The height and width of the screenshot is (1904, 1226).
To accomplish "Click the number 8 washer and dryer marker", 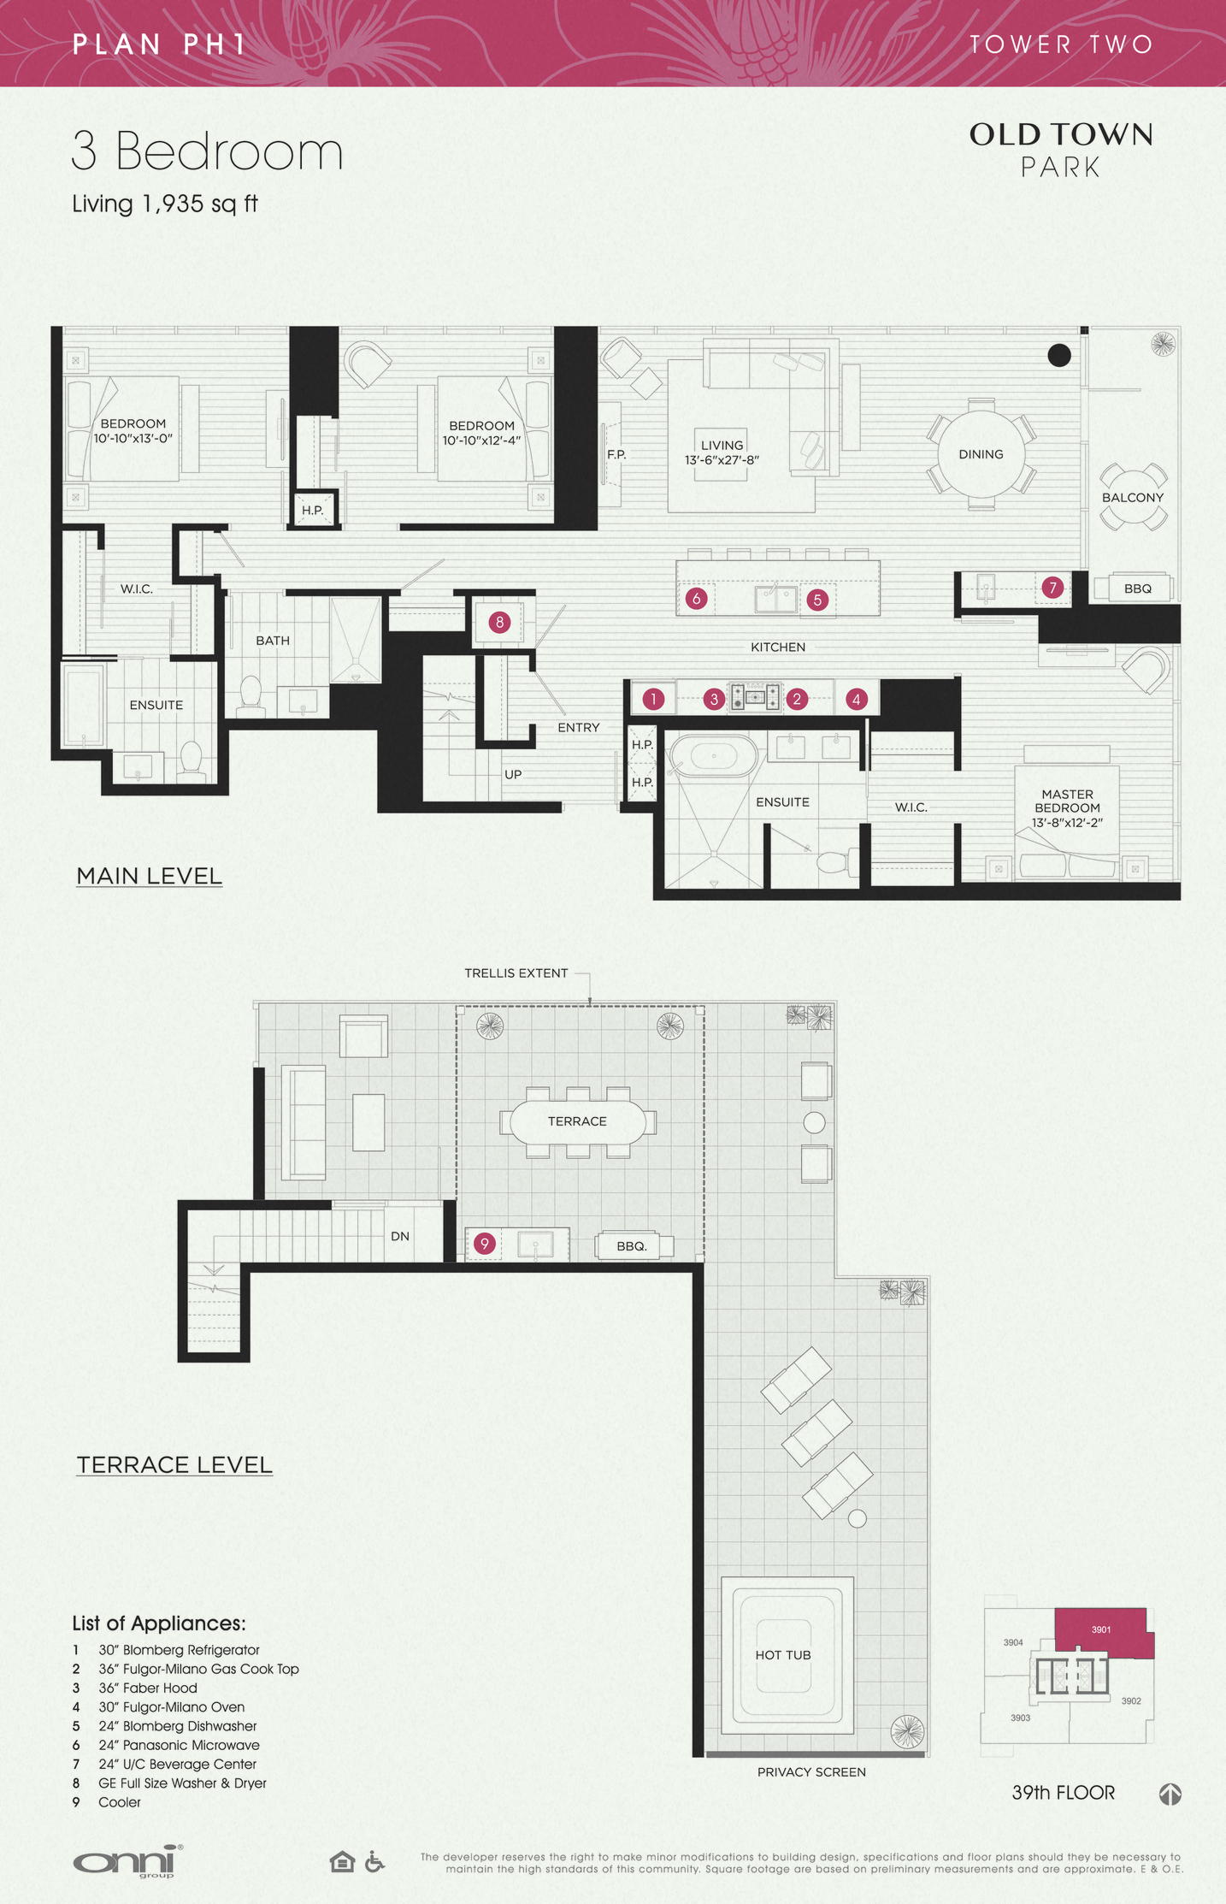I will coord(500,622).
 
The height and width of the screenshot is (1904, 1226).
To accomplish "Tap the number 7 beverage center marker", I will coord(1052,588).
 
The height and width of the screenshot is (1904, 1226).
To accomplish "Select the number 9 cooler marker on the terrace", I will coord(485,1243).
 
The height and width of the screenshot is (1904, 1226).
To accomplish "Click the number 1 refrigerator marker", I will coord(653,699).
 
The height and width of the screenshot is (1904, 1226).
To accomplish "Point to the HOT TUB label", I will coord(782,1654).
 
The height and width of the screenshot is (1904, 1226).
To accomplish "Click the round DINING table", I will coord(981,454).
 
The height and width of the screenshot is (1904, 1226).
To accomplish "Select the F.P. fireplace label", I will coord(616,454).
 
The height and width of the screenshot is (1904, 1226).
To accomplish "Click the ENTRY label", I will coord(578,727).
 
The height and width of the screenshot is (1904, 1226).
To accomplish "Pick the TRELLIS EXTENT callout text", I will coord(516,973).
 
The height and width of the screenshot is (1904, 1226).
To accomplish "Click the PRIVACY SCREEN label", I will coord(810,1771).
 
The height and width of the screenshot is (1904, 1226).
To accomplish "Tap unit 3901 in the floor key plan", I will coord(1101,1629).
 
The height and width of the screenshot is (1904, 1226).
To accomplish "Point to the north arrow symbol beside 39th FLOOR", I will coord(1170,1794).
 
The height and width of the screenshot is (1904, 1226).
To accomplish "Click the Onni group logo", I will coord(127,1861).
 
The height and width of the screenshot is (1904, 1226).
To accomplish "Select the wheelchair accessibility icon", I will coord(374,1861).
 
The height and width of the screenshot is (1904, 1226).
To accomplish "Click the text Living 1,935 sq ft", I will coord(164,204).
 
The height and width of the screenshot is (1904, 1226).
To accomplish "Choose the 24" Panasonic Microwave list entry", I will coord(178,1745).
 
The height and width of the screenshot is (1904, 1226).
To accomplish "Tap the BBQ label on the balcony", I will coord(1137,588).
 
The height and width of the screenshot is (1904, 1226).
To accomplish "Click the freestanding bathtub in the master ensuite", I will coord(713,756).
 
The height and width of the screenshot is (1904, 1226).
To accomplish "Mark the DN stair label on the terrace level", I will coord(400,1236).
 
